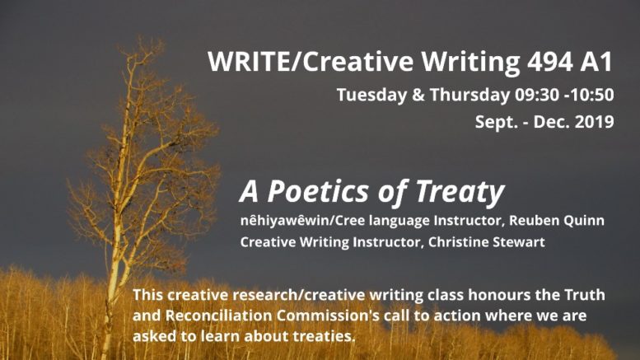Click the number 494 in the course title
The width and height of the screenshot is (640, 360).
click(x=549, y=62)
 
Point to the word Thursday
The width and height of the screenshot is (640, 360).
click(x=469, y=95)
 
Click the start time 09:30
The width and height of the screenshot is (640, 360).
click(x=537, y=95)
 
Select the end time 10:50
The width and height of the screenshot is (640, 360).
click(x=592, y=95)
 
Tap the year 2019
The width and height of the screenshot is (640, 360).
click(x=594, y=122)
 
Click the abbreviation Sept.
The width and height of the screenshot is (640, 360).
click(x=494, y=123)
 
